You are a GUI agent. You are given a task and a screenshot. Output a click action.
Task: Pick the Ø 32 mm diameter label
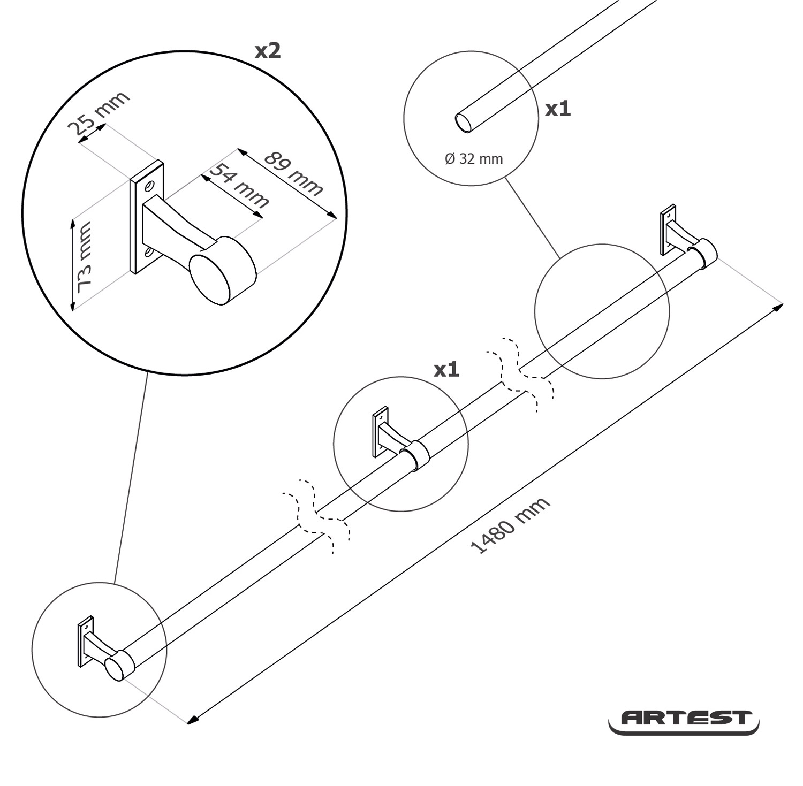pos(474,159)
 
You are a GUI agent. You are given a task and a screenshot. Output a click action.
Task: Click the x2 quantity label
pos(268,51)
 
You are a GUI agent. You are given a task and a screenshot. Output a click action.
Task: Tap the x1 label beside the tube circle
pos(558,109)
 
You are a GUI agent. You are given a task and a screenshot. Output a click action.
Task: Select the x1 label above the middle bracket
pos(446,370)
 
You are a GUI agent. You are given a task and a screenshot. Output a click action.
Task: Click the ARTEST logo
pos(684,720)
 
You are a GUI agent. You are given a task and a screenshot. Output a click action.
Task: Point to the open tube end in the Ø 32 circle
pos(464,123)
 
